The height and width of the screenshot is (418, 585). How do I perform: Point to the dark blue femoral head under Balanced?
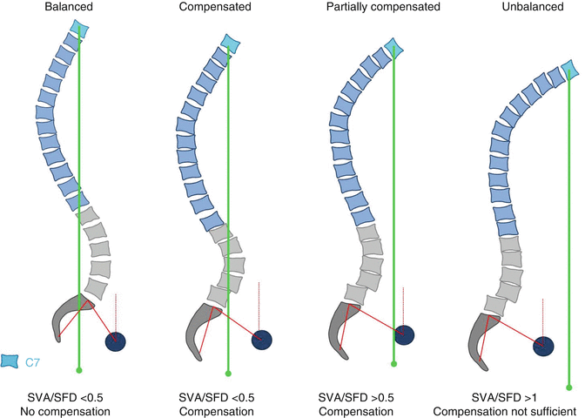(115, 341)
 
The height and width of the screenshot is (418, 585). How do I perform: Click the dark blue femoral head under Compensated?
(261, 340)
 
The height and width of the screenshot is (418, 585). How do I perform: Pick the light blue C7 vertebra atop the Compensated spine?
(230, 43)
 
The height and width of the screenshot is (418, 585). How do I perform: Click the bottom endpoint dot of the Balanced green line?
(79, 369)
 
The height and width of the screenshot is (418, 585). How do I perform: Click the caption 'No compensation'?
(78, 410)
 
